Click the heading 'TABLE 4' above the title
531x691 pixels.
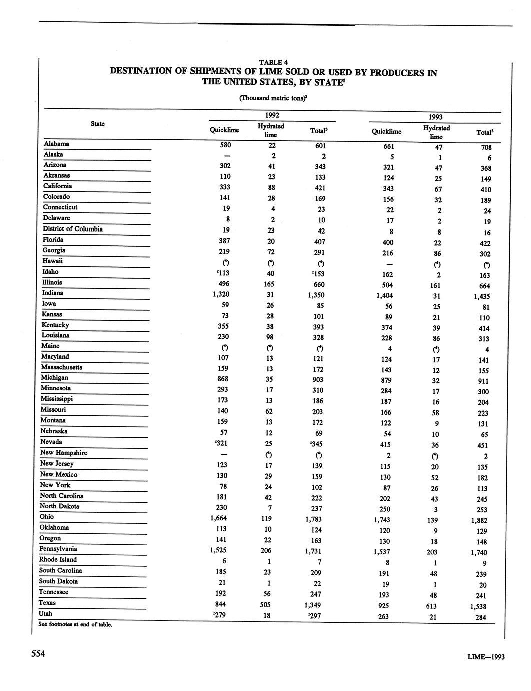[x=273, y=62]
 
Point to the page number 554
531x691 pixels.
[x=39, y=654]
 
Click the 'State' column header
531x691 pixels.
[x=98, y=124]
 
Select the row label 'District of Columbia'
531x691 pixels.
[x=73, y=229]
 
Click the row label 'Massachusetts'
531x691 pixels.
[x=62, y=367]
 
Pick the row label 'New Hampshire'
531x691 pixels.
[x=64, y=453]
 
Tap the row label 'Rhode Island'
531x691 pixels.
[x=58, y=560]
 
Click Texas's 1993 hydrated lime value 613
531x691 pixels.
[x=433, y=606]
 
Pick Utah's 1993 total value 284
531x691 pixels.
[x=481, y=617]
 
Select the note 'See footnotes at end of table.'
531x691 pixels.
[x=75, y=624]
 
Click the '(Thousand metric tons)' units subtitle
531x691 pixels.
[x=273, y=98]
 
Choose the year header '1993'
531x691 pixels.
[x=435, y=117]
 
